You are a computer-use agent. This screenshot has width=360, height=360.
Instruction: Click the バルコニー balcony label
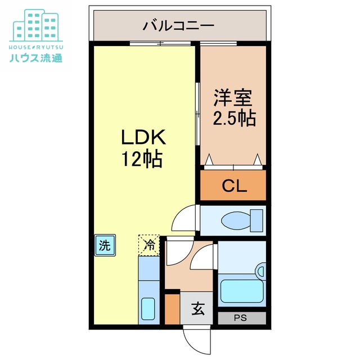(x=178, y=25)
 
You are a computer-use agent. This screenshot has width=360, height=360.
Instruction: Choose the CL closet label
(x=234, y=186)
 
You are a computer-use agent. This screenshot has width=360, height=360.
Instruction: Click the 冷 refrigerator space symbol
(x=149, y=245)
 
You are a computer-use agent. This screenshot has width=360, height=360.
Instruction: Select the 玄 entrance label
(x=197, y=308)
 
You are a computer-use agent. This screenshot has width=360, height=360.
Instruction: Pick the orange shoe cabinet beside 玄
(x=172, y=308)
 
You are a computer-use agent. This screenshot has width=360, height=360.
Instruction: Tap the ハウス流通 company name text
(x=36, y=57)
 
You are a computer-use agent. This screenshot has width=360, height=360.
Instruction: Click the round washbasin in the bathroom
(x=260, y=271)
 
